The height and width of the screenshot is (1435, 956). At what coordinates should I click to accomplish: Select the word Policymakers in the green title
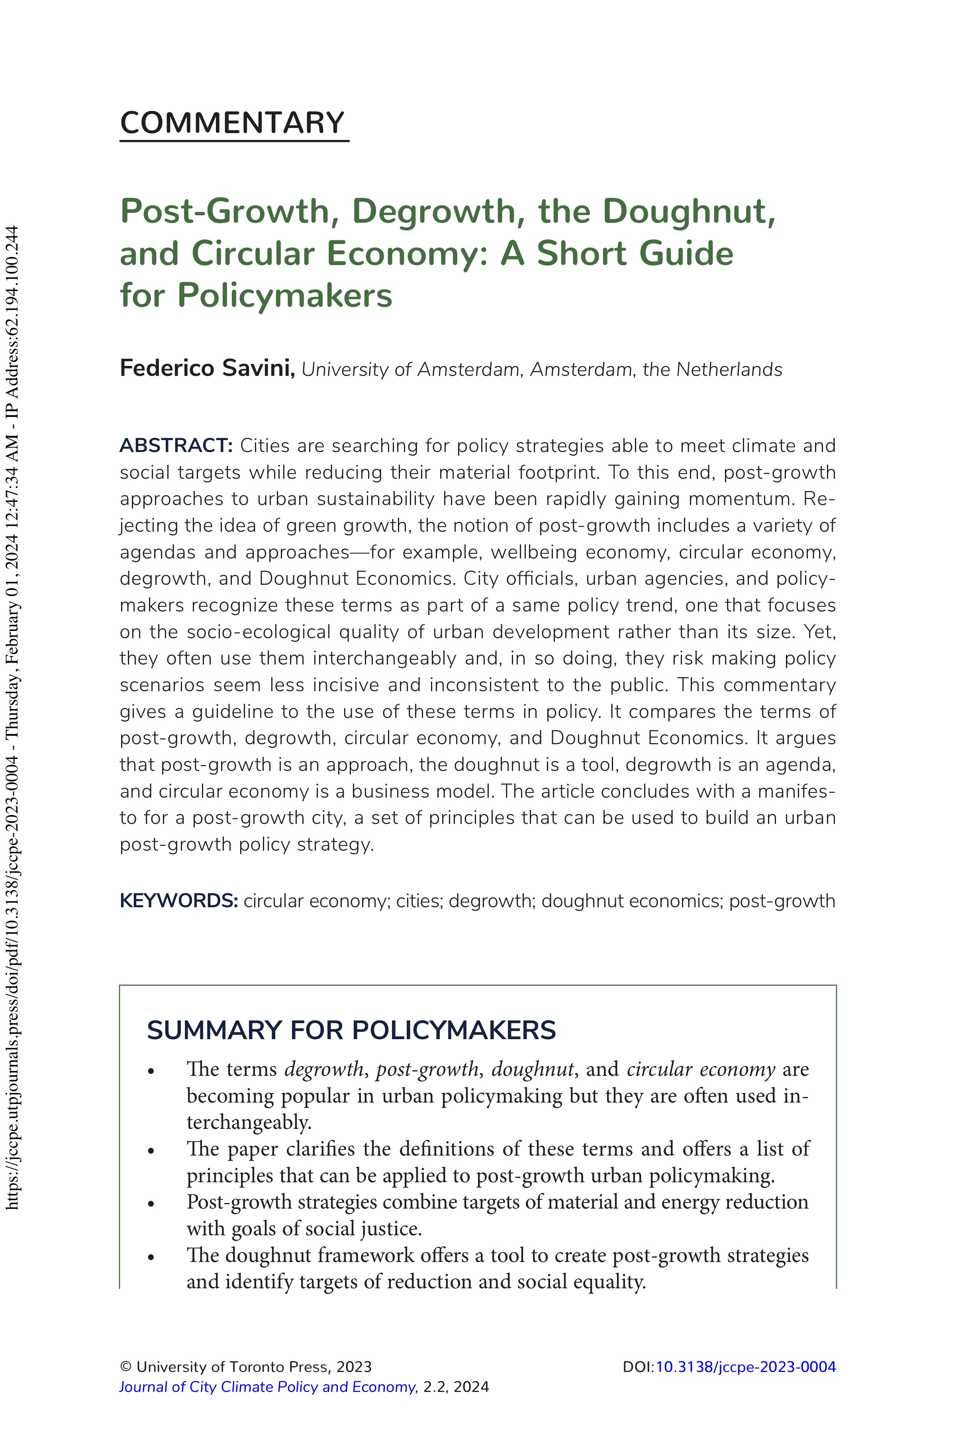click(285, 295)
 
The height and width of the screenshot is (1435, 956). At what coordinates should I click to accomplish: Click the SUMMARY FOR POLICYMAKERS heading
click(351, 1030)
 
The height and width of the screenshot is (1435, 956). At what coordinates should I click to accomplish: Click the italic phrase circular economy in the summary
click(701, 1069)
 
